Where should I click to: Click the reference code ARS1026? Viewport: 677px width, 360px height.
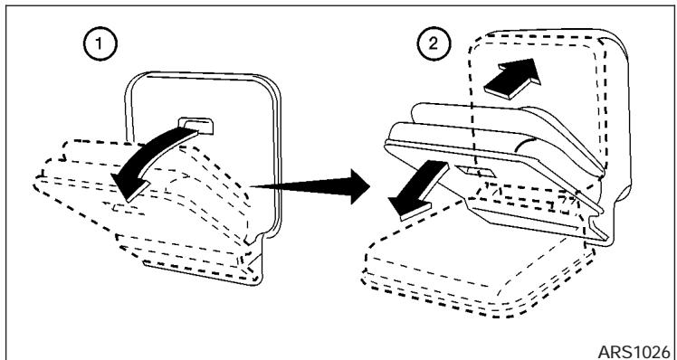637,346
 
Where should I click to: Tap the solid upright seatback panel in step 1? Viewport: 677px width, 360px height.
226,99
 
